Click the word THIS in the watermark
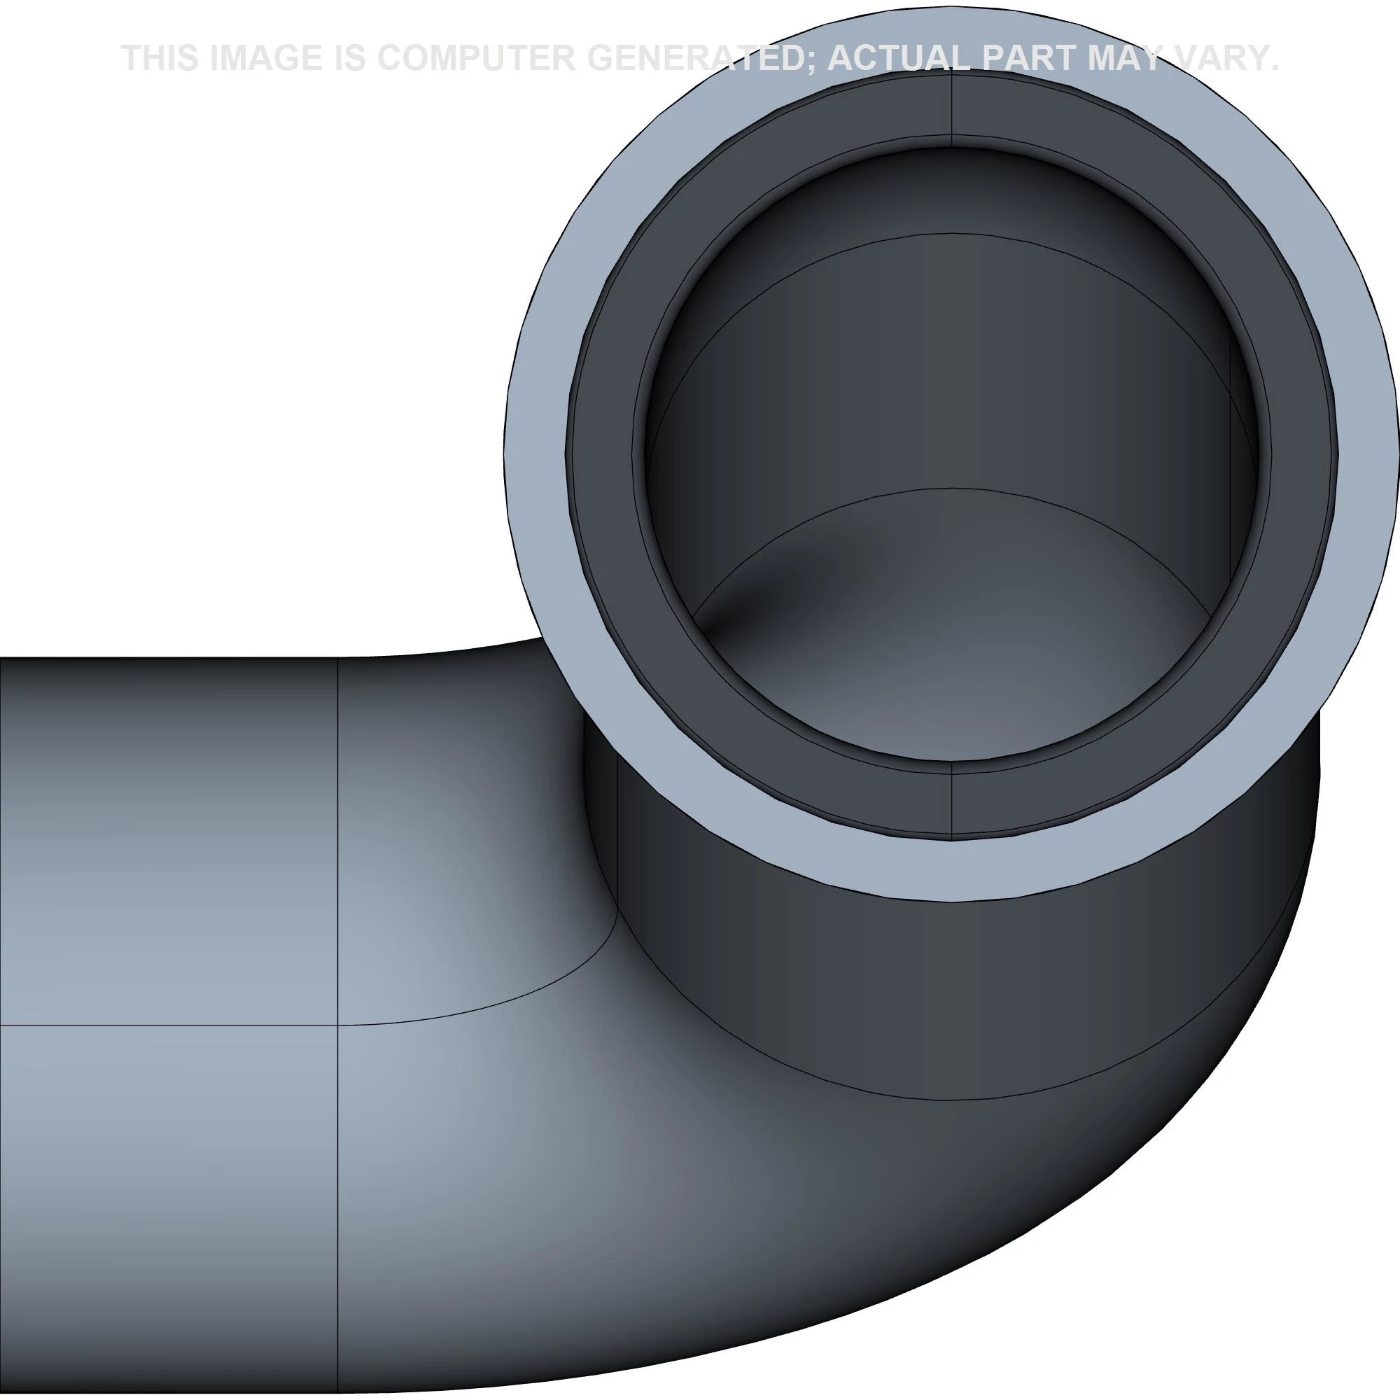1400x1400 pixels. point(160,58)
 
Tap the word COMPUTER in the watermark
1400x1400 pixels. point(476,58)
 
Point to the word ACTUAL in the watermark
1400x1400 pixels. point(897,58)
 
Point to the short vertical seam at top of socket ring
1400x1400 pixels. point(951,105)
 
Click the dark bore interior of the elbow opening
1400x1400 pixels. point(942,377)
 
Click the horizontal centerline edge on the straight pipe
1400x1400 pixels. point(167,1025)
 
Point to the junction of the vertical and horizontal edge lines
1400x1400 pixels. point(337,1025)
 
